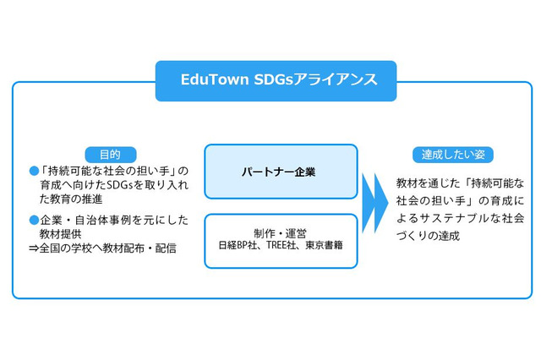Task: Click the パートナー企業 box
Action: click(281, 172)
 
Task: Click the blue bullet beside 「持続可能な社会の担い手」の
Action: click(35, 172)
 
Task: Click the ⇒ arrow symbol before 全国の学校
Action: click(34, 249)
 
